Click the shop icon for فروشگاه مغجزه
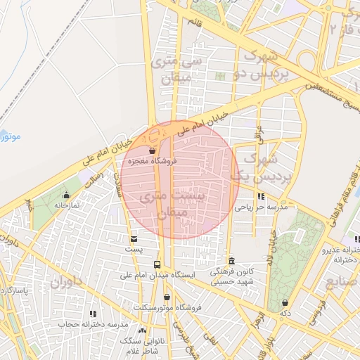point(152,150)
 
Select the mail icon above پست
point(134,239)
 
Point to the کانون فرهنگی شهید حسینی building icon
point(231,261)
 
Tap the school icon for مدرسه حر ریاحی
point(261,197)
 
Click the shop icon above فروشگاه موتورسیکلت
point(167,297)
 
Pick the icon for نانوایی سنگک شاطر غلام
point(143,330)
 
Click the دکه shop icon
point(285,302)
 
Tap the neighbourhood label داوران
point(66,283)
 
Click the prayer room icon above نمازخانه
point(67,195)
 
